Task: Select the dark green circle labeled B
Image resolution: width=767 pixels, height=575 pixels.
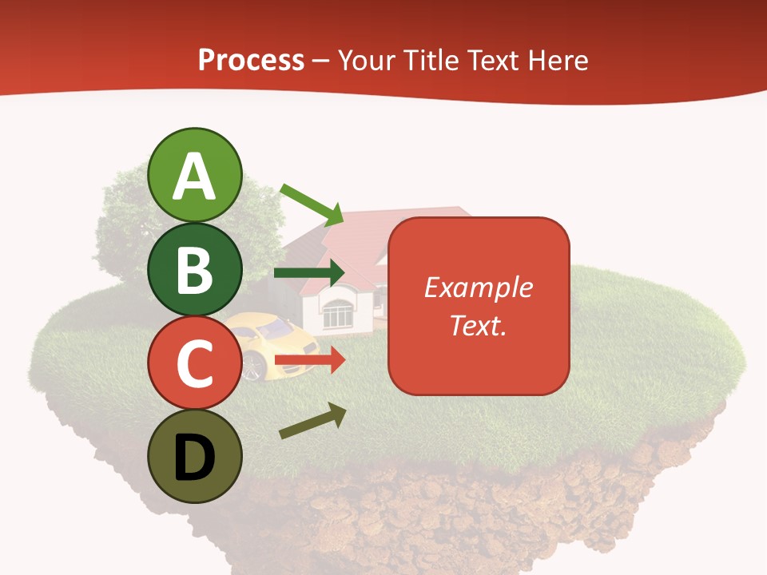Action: click(x=194, y=269)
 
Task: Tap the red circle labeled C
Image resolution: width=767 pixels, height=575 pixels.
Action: click(x=194, y=363)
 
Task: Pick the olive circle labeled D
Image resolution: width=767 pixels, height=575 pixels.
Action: click(x=194, y=456)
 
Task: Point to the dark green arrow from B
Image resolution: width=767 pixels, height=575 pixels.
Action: click(x=308, y=273)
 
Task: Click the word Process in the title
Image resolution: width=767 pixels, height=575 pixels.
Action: click(x=251, y=60)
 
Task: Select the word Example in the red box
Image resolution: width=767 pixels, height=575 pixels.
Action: click(x=479, y=287)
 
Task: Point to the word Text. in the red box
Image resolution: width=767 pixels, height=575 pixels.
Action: click(x=479, y=325)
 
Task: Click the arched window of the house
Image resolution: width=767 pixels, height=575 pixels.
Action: click(x=336, y=311)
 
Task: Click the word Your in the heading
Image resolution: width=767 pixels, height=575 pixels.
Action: click(x=369, y=60)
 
